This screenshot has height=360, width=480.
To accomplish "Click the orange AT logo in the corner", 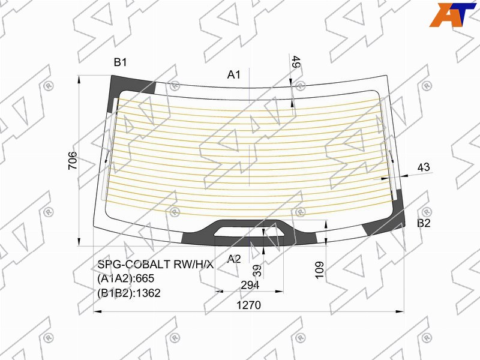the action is pos(453,14).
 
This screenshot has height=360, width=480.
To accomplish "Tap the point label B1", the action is pos(121,62).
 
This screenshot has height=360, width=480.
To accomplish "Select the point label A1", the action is pos(234,74).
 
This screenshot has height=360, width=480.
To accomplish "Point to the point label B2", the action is pos(424,223).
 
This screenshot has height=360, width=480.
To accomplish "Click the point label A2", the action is pos(234,259).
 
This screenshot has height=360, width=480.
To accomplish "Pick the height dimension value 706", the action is pos(73,160).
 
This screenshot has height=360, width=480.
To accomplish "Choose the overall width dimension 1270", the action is pos(248,305).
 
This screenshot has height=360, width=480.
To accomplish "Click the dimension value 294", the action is pos(250,285).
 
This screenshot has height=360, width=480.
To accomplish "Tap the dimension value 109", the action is pos(319,270).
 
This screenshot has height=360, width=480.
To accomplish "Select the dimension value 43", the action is pos(424,167).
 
